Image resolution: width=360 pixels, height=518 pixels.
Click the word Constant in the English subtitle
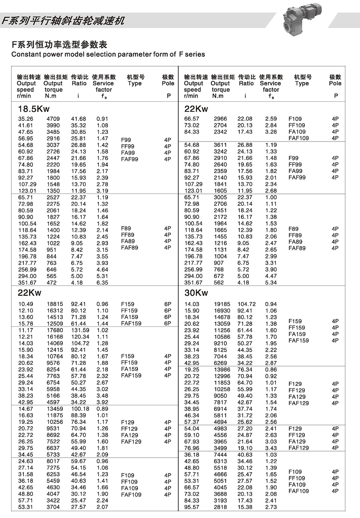25,54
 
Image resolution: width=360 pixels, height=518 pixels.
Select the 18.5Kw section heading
34,109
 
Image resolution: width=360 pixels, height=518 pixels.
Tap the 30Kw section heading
196,293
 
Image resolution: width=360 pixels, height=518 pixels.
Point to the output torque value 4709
53,119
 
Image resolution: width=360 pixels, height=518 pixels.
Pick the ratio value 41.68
79,119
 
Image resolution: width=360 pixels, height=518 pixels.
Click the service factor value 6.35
102,282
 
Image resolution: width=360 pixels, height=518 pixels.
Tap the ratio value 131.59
80,330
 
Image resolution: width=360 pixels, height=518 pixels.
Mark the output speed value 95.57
192,507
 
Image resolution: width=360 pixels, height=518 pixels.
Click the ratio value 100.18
80,409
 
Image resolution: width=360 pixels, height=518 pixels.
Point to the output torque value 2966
220,119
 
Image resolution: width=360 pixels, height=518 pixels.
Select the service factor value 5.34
271,282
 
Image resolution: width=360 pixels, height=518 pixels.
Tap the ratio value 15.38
245,507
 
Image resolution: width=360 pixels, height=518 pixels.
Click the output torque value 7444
220,455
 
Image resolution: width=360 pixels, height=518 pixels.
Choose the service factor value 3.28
271,132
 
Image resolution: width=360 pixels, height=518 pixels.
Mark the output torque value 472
51,282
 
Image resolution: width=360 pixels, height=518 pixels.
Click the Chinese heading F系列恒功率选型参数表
59,45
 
